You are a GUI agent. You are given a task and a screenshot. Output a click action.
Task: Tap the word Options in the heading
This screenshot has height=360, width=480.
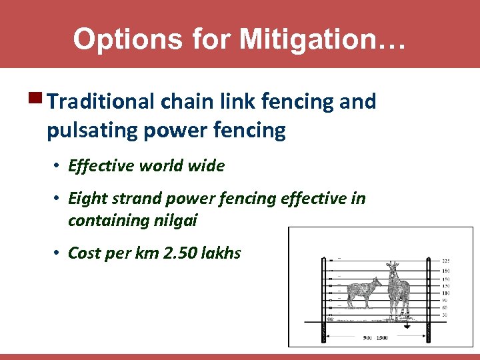[125, 39]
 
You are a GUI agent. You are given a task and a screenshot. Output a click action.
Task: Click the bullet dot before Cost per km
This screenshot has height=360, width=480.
[58, 253]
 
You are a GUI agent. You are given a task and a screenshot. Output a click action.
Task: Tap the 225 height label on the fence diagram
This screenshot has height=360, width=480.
[446, 260]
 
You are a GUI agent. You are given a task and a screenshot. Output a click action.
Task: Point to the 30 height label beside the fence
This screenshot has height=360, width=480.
[445, 315]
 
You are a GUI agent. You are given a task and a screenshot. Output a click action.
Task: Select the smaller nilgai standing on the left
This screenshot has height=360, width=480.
[361, 293]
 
